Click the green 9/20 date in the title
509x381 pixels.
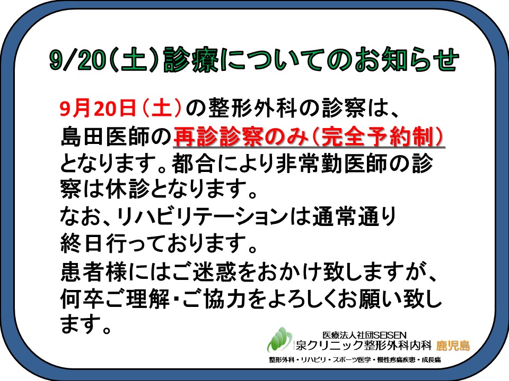click(x=76, y=60)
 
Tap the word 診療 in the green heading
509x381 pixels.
click(x=191, y=60)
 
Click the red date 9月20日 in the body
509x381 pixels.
click(x=98, y=107)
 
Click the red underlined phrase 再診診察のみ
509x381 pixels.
click(x=240, y=137)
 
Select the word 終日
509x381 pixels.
click(x=82, y=243)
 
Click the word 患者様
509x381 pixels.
click(x=93, y=271)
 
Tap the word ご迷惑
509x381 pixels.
click(x=204, y=271)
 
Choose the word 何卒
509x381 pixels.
click(x=82, y=299)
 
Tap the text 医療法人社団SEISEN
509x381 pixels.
click(x=364, y=334)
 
